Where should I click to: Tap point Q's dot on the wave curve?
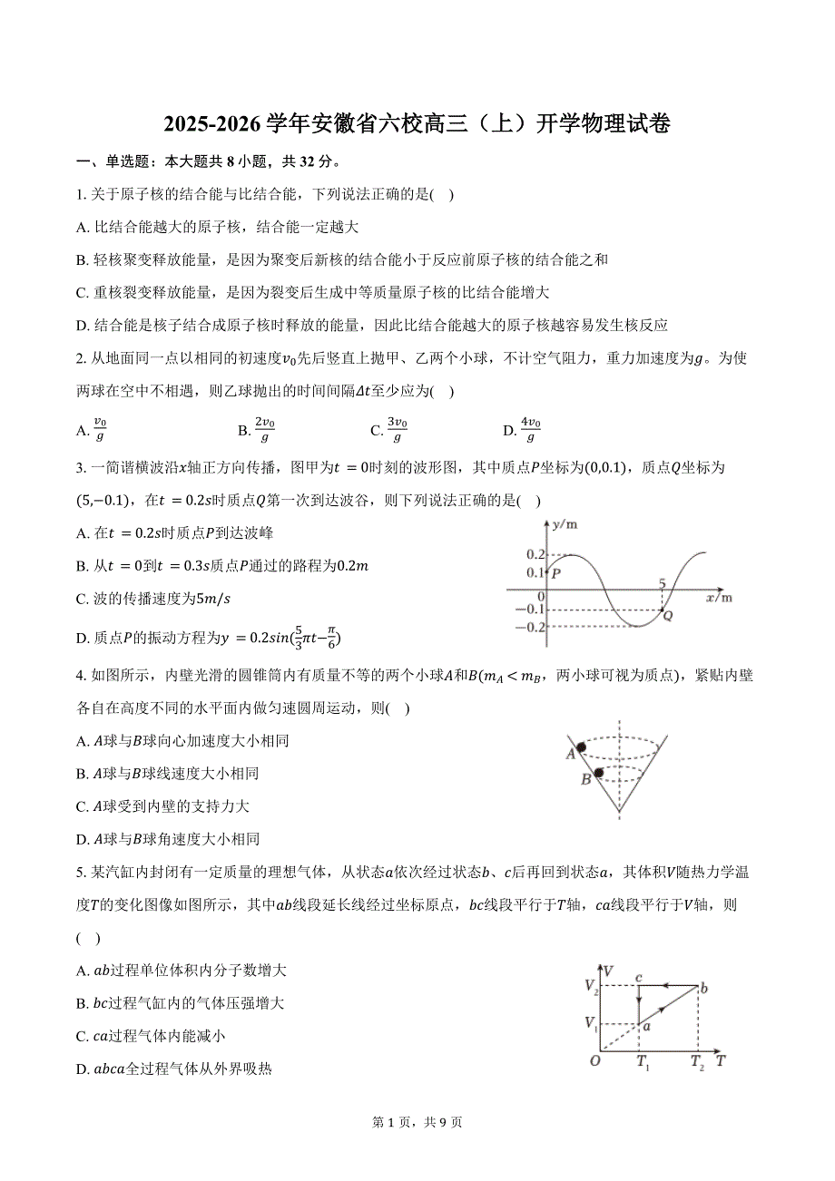(x=662, y=610)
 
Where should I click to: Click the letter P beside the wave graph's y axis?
(x=555, y=573)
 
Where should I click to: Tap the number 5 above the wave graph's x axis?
(x=662, y=583)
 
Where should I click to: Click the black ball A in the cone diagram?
(x=580, y=747)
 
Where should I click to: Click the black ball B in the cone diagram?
(x=599, y=772)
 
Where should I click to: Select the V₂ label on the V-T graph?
(x=591, y=985)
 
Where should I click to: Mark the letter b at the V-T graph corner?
(x=703, y=989)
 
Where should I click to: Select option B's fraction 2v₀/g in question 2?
(x=264, y=430)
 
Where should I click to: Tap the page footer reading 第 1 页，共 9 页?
(x=417, y=1122)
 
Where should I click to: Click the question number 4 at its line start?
(x=82, y=675)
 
